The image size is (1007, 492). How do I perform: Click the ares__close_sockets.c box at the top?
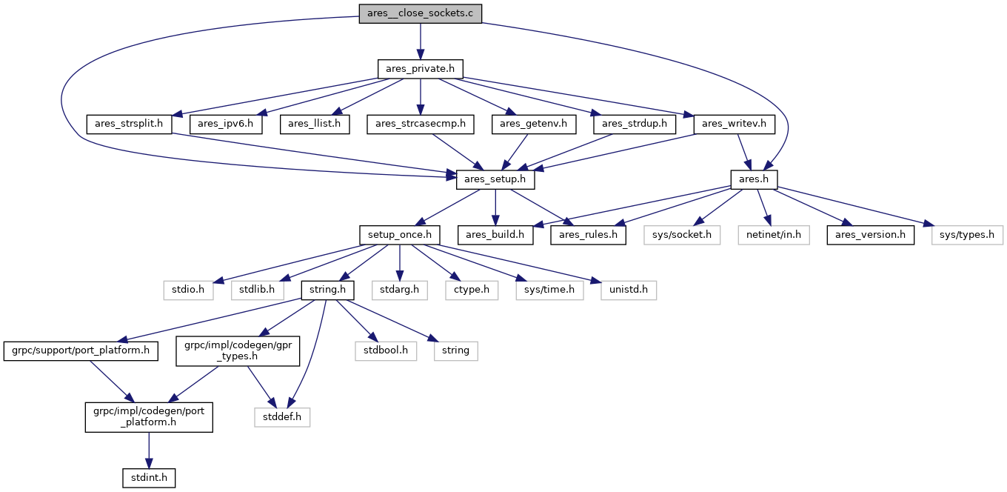421,13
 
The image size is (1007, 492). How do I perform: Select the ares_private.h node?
421,69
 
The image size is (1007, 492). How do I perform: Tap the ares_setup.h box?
495,179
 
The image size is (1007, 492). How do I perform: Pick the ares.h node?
754,179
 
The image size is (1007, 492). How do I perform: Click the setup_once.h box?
400,235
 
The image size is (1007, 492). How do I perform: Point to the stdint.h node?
149,478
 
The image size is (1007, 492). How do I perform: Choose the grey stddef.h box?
282,417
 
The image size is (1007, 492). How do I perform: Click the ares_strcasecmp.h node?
421,124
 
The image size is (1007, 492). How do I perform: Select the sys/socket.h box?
682,235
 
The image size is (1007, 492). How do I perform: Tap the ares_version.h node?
870,235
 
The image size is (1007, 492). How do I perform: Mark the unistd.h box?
629,290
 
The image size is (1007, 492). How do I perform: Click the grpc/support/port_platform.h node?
81,350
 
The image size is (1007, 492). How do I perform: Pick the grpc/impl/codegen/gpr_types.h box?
238,350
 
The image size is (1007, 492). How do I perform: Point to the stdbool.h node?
386,350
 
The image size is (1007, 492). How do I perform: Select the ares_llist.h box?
315,124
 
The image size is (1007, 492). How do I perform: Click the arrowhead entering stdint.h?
149,463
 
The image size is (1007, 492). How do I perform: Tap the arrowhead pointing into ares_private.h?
421,54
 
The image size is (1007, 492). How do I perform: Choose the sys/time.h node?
549,290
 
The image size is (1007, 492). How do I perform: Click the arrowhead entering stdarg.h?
400,276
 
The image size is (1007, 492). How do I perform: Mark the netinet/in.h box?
774,235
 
